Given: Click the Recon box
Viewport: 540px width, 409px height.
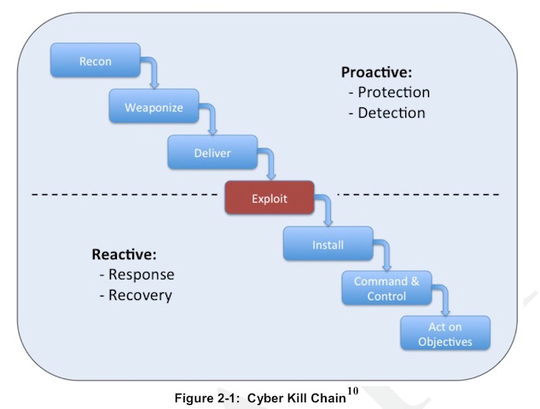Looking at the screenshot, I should [x=95, y=61].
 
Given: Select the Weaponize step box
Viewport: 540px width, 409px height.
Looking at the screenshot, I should [x=153, y=107].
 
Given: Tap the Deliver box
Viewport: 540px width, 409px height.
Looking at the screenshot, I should [x=212, y=153].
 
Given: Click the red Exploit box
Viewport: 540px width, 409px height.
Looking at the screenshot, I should [x=270, y=199].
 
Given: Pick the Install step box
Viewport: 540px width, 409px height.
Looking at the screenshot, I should [x=328, y=245].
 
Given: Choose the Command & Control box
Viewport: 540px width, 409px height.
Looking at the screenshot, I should [x=386, y=289].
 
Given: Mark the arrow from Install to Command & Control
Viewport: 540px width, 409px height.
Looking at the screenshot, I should [x=386, y=255].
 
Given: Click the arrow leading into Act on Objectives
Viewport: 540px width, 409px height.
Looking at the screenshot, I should [x=444, y=300].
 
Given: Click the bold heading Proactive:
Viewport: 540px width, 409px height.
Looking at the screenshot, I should [x=376, y=72].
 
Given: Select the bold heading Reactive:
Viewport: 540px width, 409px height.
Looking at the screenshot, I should [x=124, y=255].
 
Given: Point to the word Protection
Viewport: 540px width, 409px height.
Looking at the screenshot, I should [x=393, y=93].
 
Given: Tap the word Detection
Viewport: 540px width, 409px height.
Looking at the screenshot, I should [x=392, y=113].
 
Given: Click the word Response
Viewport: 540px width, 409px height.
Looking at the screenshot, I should [x=141, y=275].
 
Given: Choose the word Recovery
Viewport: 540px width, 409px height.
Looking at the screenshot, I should [x=140, y=296].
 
